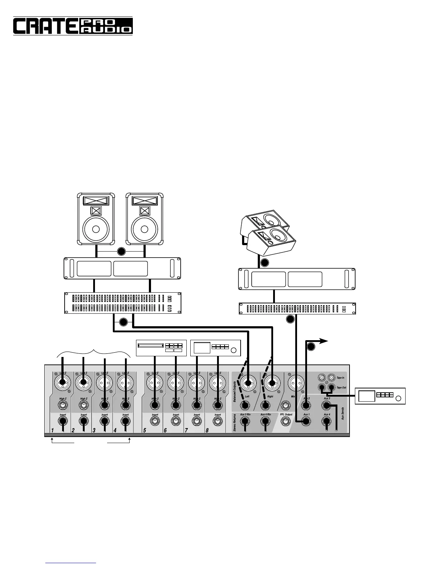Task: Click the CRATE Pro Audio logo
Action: click(x=73, y=26)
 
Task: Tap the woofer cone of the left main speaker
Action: click(x=96, y=229)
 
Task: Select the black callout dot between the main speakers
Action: click(x=121, y=252)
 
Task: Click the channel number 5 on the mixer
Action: click(x=145, y=431)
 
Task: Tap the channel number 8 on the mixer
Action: click(x=207, y=431)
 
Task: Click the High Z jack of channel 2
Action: click(x=84, y=405)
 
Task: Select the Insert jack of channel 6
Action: click(x=176, y=422)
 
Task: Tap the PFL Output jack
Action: click(x=285, y=422)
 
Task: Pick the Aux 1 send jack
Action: click(x=306, y=422)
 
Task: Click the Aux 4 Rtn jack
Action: click(x=265, y=422)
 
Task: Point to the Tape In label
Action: click(x=341, y=378)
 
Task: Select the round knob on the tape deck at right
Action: click(x=398, y=399)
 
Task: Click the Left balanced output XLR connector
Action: click(x=247, y=384)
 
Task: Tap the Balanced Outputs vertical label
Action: click(x=235, y=392)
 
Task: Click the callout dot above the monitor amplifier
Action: click(x=264, y=263)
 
